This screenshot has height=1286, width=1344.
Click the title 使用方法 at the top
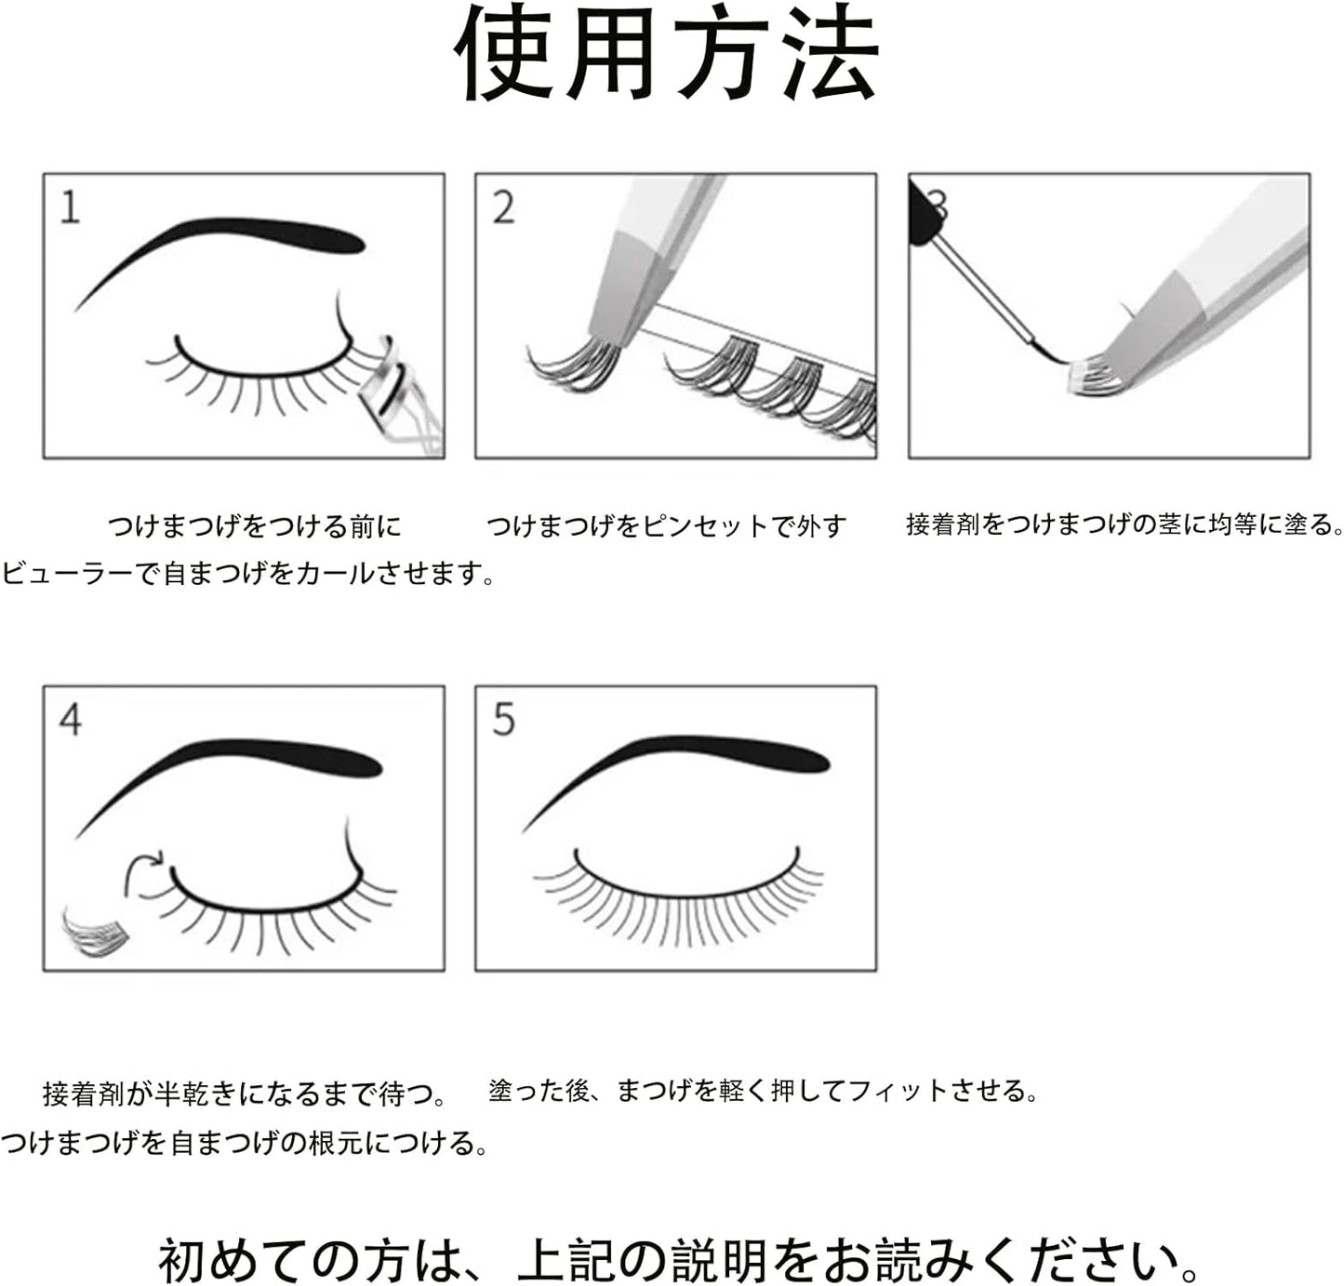667,54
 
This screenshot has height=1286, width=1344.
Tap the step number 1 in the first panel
70,206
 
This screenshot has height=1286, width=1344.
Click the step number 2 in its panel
503,206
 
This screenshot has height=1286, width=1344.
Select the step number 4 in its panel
71,720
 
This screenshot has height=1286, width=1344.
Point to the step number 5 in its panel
503,720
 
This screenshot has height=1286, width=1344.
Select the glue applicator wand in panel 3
986,288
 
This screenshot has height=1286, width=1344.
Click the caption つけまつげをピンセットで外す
666,526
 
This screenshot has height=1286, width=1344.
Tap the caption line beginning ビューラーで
247,573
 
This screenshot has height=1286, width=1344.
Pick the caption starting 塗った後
763,1090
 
